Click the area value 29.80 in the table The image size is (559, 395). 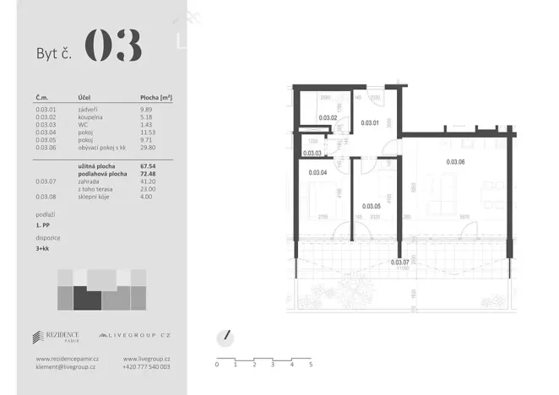[149, 148]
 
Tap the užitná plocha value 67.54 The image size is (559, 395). [149, 166]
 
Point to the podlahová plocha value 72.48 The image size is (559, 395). [149, 174]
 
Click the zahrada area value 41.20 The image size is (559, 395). [149, 181]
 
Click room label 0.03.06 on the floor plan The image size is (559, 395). [456, 161]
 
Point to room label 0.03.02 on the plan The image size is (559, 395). [328, 118]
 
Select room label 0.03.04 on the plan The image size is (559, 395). [318, 172]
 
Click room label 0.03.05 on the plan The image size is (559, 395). [372, 206]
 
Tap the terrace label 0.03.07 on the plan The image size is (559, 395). [400, 262]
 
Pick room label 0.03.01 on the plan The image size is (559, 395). [370, 123]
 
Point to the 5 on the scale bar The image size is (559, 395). [311, 365]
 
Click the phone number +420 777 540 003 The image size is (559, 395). [146, 367]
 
